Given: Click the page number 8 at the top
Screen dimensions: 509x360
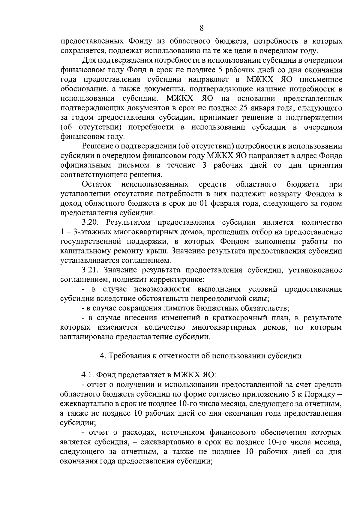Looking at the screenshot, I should coord(202,28).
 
